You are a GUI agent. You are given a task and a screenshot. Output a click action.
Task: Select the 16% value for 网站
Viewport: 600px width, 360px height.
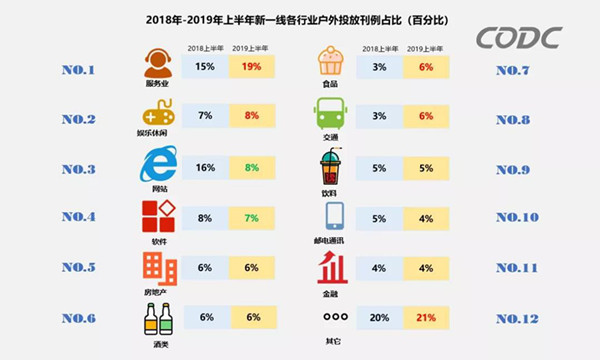pos(205,167)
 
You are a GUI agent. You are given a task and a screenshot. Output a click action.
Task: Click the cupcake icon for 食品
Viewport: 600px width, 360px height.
pos(333,64)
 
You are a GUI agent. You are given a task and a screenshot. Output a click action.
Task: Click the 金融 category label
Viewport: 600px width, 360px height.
pos(333,289)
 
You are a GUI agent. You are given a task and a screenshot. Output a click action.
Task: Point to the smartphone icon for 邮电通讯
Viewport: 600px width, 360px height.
pos(333,215)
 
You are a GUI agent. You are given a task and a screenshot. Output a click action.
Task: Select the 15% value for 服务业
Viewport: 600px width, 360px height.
pos(205,67)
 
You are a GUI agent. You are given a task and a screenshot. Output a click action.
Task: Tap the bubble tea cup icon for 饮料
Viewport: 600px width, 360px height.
pos(333,164)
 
